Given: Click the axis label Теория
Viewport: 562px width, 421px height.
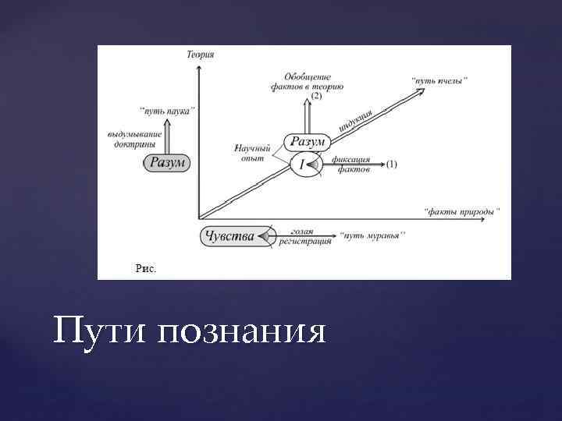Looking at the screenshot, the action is pyautogui.click(x=201, y=54).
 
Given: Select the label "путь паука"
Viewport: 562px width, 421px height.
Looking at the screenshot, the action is pyautogui.click(x=166, y=110).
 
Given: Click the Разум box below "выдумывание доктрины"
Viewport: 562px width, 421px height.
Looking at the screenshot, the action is pyautogui.click(x=167, y=162).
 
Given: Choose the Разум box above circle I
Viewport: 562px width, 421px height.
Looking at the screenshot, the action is pyautogui.click(x=307, y=142).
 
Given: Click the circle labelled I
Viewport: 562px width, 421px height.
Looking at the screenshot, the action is pyautogui.click(x=303, y=165).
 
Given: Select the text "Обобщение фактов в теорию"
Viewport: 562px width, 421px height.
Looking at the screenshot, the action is pyautogui.click(x=308, y=81).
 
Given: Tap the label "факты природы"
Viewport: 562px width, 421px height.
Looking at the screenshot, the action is pyautogui.click(x=461, y=210).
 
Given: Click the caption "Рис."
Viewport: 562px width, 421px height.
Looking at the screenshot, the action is pyautogui.click(x=146, y=268).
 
